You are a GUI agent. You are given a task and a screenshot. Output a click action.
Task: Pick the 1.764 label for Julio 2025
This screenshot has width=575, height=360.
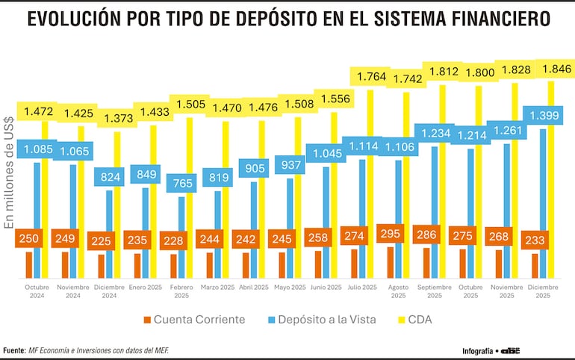pos(371,77)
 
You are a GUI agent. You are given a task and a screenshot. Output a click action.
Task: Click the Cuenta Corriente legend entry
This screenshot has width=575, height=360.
pos(199,320)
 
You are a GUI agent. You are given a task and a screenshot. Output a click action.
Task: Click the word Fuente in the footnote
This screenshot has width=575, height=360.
pos(14,350)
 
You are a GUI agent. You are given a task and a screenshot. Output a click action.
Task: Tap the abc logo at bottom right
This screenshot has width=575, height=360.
pos(511,350)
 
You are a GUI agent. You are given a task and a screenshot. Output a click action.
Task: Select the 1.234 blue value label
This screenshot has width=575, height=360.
pos(435,133)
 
